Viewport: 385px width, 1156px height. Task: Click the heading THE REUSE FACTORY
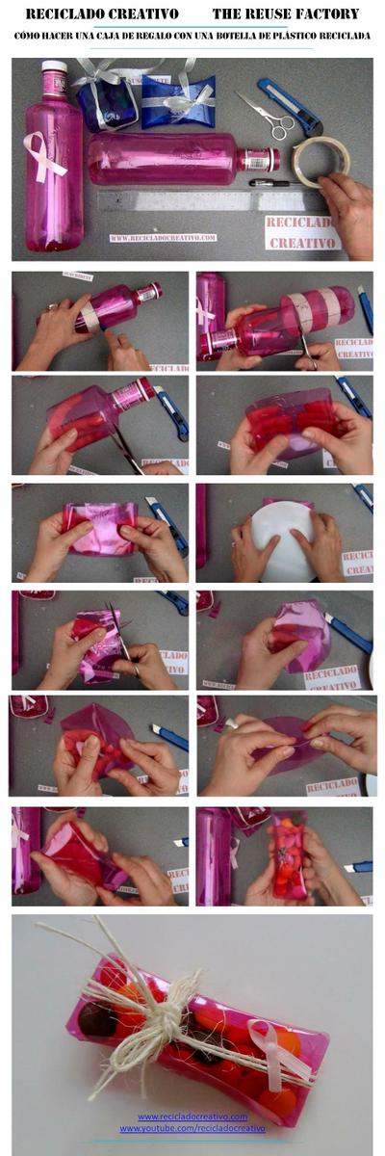point(286,14)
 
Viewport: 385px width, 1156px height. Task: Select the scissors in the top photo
point(266,115)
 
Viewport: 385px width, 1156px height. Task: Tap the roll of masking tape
point(321,160)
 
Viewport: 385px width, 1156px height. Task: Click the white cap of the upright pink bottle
point(54,70)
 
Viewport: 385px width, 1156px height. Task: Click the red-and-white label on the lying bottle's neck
point(259,159)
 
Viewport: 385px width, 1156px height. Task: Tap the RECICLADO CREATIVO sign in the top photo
point(302,232)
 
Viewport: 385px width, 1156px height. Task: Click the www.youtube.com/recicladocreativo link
point(192,1128)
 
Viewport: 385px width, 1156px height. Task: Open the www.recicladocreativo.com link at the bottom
point(192,1117)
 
